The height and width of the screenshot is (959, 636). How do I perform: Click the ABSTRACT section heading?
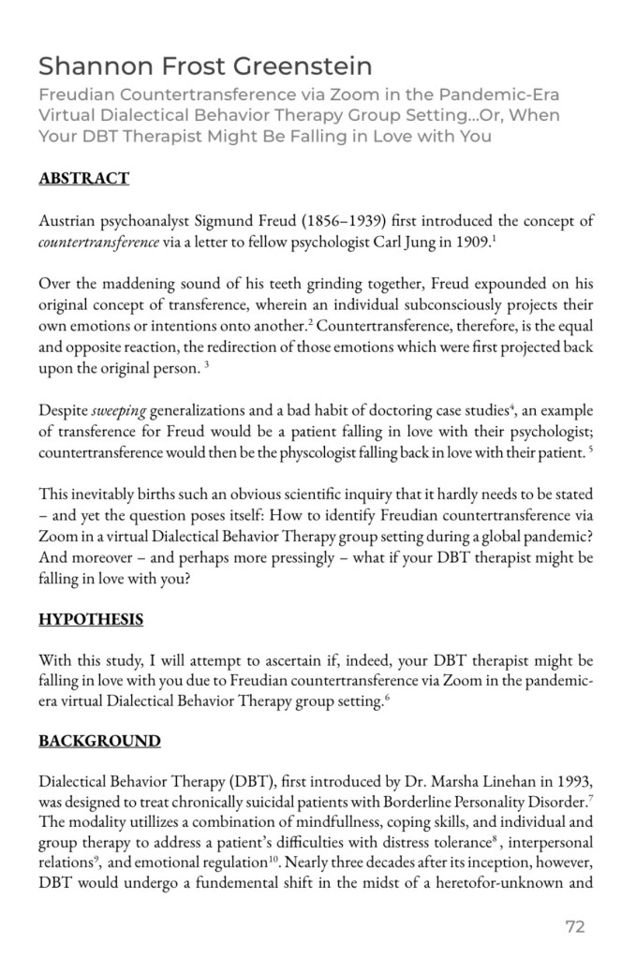(83, 178)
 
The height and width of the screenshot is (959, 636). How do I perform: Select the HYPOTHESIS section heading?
(91, 619)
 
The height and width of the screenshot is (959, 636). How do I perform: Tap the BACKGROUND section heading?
(99, 741)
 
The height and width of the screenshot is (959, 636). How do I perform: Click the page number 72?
(575, 927)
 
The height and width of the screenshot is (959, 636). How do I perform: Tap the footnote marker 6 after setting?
(388, 699)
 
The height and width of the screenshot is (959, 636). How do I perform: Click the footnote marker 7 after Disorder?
(590, 797)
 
